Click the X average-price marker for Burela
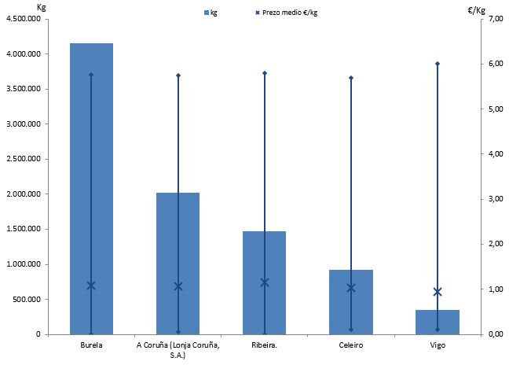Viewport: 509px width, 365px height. point(91,286)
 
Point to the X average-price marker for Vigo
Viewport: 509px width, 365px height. point(438,292)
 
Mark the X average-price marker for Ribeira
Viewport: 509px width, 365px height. point(265,282)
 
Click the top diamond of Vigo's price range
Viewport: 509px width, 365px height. point(438,64)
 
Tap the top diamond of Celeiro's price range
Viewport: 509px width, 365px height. point(351,78)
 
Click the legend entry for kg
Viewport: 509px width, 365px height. point(211,13)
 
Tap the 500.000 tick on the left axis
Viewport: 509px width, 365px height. point(28,299)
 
